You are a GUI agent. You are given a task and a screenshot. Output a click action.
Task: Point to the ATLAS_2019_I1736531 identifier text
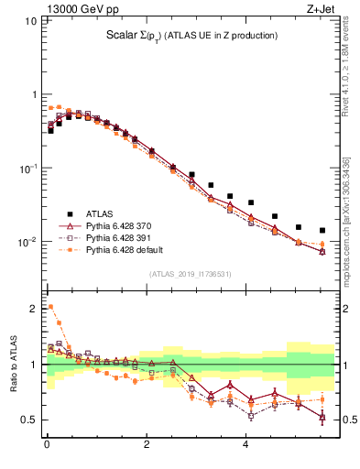(x=191, y=273)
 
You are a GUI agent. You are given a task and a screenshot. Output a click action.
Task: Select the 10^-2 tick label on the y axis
(x=27, y=243)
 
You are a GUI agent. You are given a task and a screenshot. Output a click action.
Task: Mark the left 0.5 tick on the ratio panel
(x=28, y=420)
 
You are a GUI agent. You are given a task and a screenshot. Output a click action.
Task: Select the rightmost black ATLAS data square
(x=322, y=230)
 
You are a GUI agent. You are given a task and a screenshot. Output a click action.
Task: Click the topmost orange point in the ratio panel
(x=50, y=307)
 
